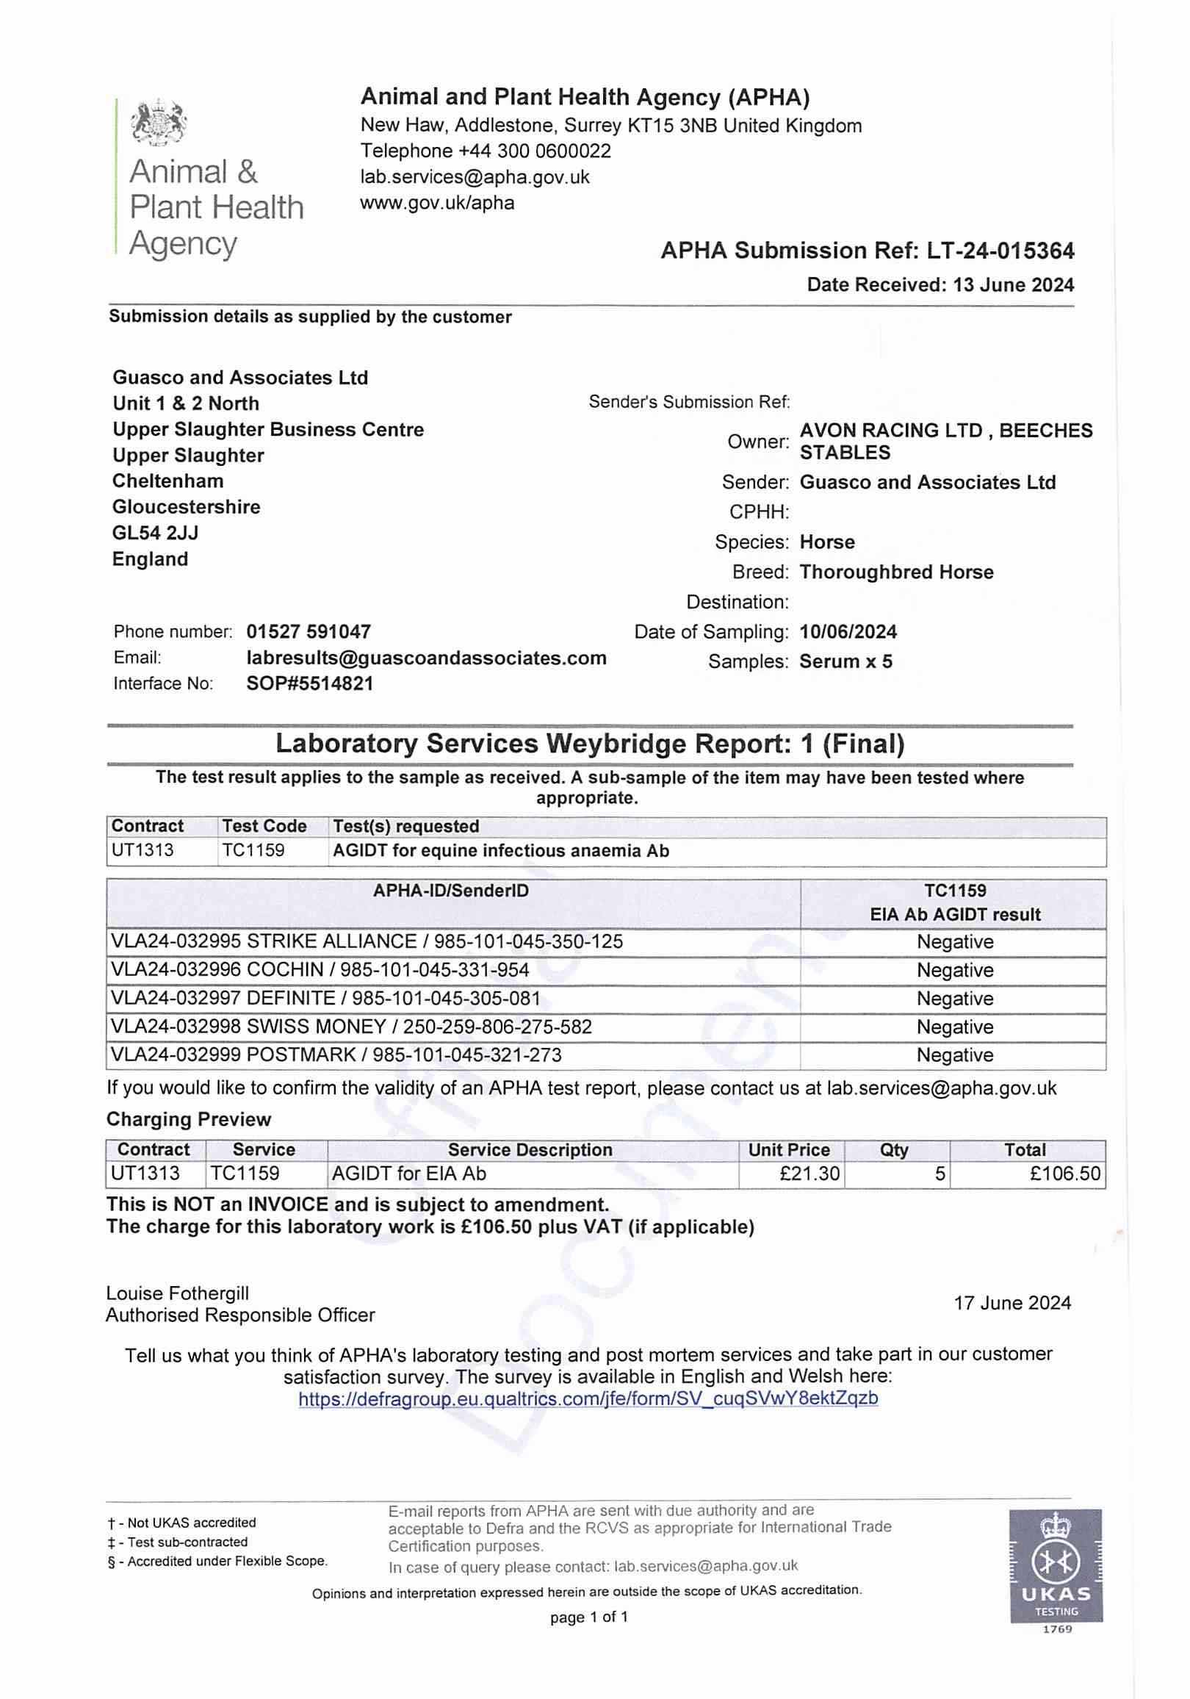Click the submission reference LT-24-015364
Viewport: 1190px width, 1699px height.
1000,251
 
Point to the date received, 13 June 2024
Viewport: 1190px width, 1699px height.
1013,285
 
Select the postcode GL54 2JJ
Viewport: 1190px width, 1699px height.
155,533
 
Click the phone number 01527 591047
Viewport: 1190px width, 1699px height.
309,632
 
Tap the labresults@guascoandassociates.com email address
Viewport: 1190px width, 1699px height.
426,658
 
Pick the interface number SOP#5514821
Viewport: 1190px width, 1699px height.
310,683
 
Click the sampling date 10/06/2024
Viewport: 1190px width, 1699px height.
848,632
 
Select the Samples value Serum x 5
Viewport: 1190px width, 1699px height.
845,661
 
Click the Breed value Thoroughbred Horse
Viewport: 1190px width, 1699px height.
896,572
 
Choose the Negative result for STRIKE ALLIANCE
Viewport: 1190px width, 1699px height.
955,942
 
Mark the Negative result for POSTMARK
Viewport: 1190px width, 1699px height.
955,1055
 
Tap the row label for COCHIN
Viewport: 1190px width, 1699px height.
320,970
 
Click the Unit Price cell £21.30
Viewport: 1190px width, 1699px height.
809,1174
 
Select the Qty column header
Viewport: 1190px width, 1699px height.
893,1150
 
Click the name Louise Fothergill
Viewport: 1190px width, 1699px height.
178,1293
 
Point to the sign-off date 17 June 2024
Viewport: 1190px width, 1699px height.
1012,1303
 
